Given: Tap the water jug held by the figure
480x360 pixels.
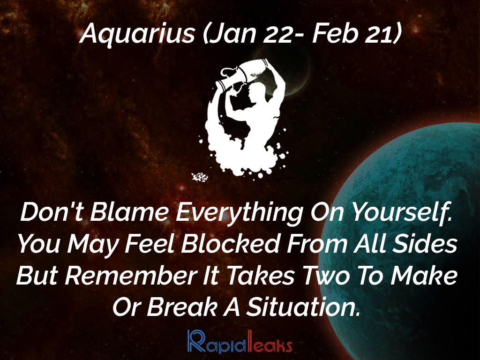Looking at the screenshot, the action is [x=242, y=74].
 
